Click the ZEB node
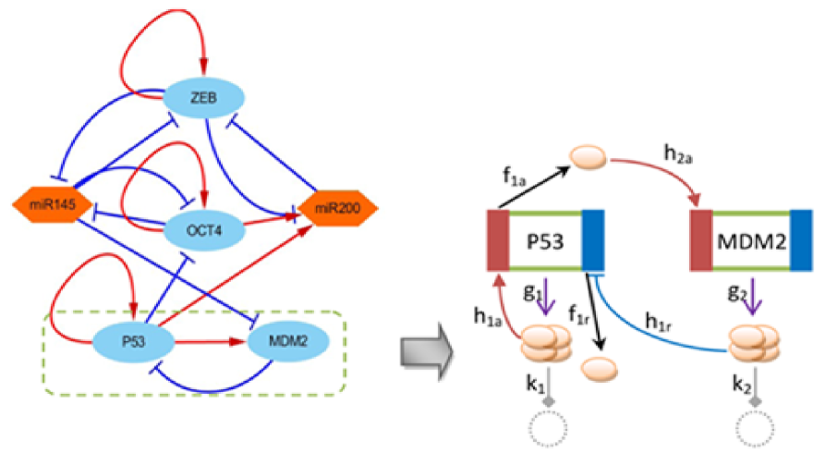203,97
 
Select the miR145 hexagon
53,204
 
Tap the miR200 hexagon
338,208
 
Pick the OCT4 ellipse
204,230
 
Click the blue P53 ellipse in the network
133,341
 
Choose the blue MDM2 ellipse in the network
288,341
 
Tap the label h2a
678,154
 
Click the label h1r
658,322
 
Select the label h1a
487,317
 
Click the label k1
535,385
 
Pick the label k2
741,385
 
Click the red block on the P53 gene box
498,240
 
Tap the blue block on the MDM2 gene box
801,240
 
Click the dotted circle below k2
756,429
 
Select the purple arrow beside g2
755,296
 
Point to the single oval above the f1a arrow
588,158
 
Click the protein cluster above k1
546,342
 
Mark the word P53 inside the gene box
546,241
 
